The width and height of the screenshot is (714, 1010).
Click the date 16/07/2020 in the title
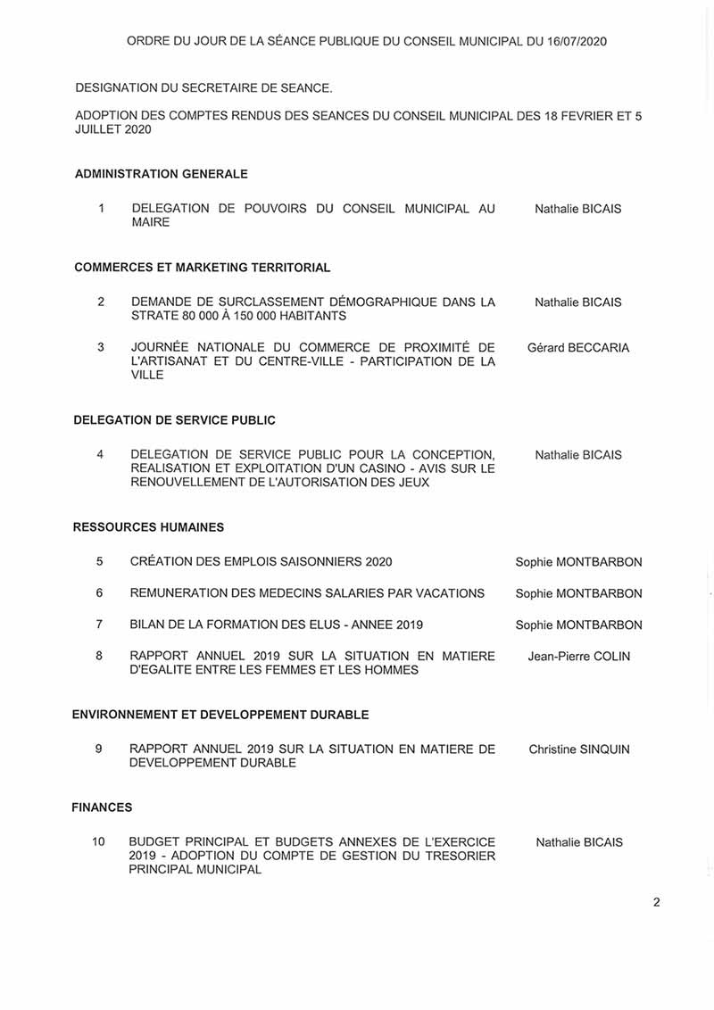(575, 41)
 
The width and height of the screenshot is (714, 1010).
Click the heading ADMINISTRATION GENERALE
(162, 174)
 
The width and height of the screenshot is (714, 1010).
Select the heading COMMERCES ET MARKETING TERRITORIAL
(203, 268)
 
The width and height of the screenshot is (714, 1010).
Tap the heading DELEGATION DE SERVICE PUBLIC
(174, 420)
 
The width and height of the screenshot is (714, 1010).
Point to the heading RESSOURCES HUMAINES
(148, 527)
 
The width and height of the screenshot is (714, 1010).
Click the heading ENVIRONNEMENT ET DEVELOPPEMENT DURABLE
(220, 715)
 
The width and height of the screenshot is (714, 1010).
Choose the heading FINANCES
(102, 807)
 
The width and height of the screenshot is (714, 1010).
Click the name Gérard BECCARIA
(577, 347)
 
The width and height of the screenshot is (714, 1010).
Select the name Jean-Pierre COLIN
(578, 657)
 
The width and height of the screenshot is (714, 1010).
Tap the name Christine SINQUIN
(578, 749)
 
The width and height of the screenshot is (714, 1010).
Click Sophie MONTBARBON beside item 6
(578, 593)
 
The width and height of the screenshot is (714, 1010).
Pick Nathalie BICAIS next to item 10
(578, 842)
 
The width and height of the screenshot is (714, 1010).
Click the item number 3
(101, 347)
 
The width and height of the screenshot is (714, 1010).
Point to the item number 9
(99, 749)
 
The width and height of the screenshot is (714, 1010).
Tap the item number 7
(100, 625)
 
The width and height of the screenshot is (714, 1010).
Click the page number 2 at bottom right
(657, 902)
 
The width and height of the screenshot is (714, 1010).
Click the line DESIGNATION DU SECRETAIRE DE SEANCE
(203, 88)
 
